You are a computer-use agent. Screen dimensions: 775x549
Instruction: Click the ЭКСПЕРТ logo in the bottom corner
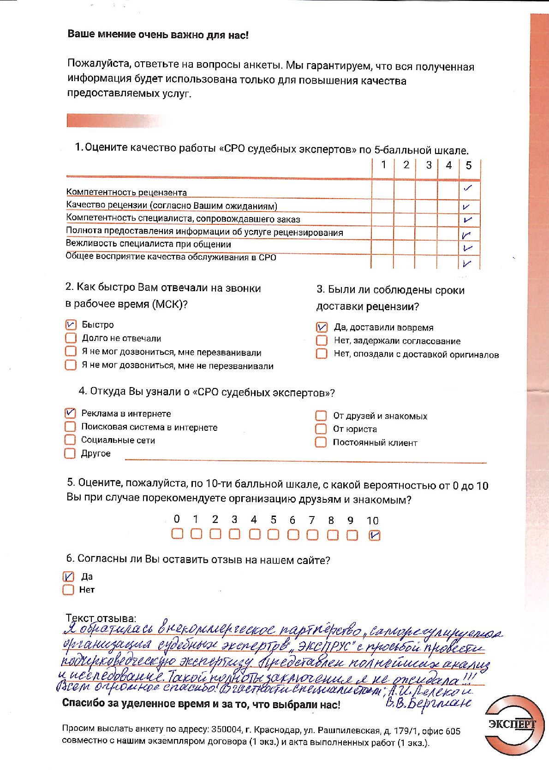[x=513, y=724]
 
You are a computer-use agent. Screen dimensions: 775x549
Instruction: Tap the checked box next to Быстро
[x=71, y=325]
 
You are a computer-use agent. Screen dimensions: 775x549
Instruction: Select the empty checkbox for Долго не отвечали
[x=71, y=338]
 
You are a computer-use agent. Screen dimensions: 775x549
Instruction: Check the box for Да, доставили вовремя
[x=322, y=327]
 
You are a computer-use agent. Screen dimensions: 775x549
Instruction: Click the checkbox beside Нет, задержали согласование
[x=322, y=341]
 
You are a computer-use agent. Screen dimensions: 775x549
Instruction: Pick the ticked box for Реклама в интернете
[x=70, y=413]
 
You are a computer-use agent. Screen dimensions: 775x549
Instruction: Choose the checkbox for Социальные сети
[x=70, y=440]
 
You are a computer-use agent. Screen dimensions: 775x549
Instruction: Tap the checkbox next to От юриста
[x=321, y=429]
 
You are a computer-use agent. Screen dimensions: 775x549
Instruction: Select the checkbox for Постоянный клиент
[x=321, y=442]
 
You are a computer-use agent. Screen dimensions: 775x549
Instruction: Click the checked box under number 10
[x=375, y=535]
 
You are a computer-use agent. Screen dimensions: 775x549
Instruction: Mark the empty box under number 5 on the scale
[x=273, y=534]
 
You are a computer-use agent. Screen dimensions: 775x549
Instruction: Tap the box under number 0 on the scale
[x=177, y=534]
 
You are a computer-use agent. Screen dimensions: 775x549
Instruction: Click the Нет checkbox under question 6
[x=68, y=590]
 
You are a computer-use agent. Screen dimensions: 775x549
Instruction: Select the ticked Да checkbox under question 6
[x=68, y=576]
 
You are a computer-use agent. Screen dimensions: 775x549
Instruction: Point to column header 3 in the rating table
[x=429, y=165]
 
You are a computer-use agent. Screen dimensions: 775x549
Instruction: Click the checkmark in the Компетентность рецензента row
[x=468, y=188]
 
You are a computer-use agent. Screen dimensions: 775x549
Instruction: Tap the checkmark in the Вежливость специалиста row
[x=468, y=248]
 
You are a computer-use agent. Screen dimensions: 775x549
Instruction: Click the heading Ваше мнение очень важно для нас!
[x=158, y=35]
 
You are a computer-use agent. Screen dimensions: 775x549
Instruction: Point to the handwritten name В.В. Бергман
[x=428, y=704]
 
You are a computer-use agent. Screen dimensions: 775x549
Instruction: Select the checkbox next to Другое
[x=70, y=453]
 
